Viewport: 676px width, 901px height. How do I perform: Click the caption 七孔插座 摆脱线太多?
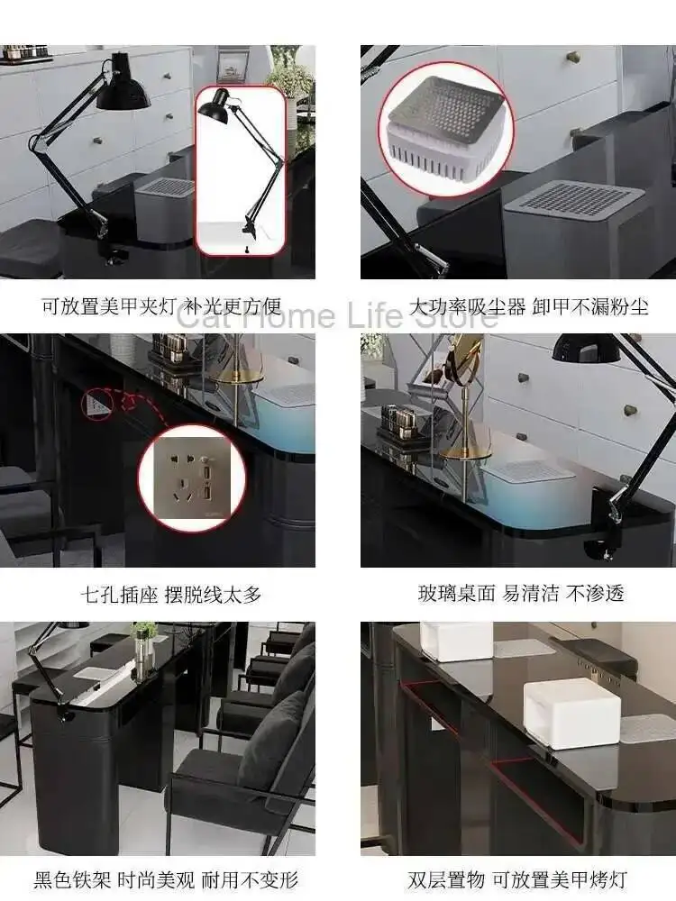(x=169, y=594)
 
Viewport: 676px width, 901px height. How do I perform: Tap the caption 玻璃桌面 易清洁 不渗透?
(x=521, y=594)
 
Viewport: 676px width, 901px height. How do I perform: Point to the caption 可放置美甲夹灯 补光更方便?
(x=170, y=306)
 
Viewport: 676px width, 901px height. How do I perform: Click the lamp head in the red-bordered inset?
(x=216, y=107)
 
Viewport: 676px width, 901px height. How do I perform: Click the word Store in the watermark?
(x=455, y=315)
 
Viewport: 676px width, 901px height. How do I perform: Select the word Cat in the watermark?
(x=204, y=315)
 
